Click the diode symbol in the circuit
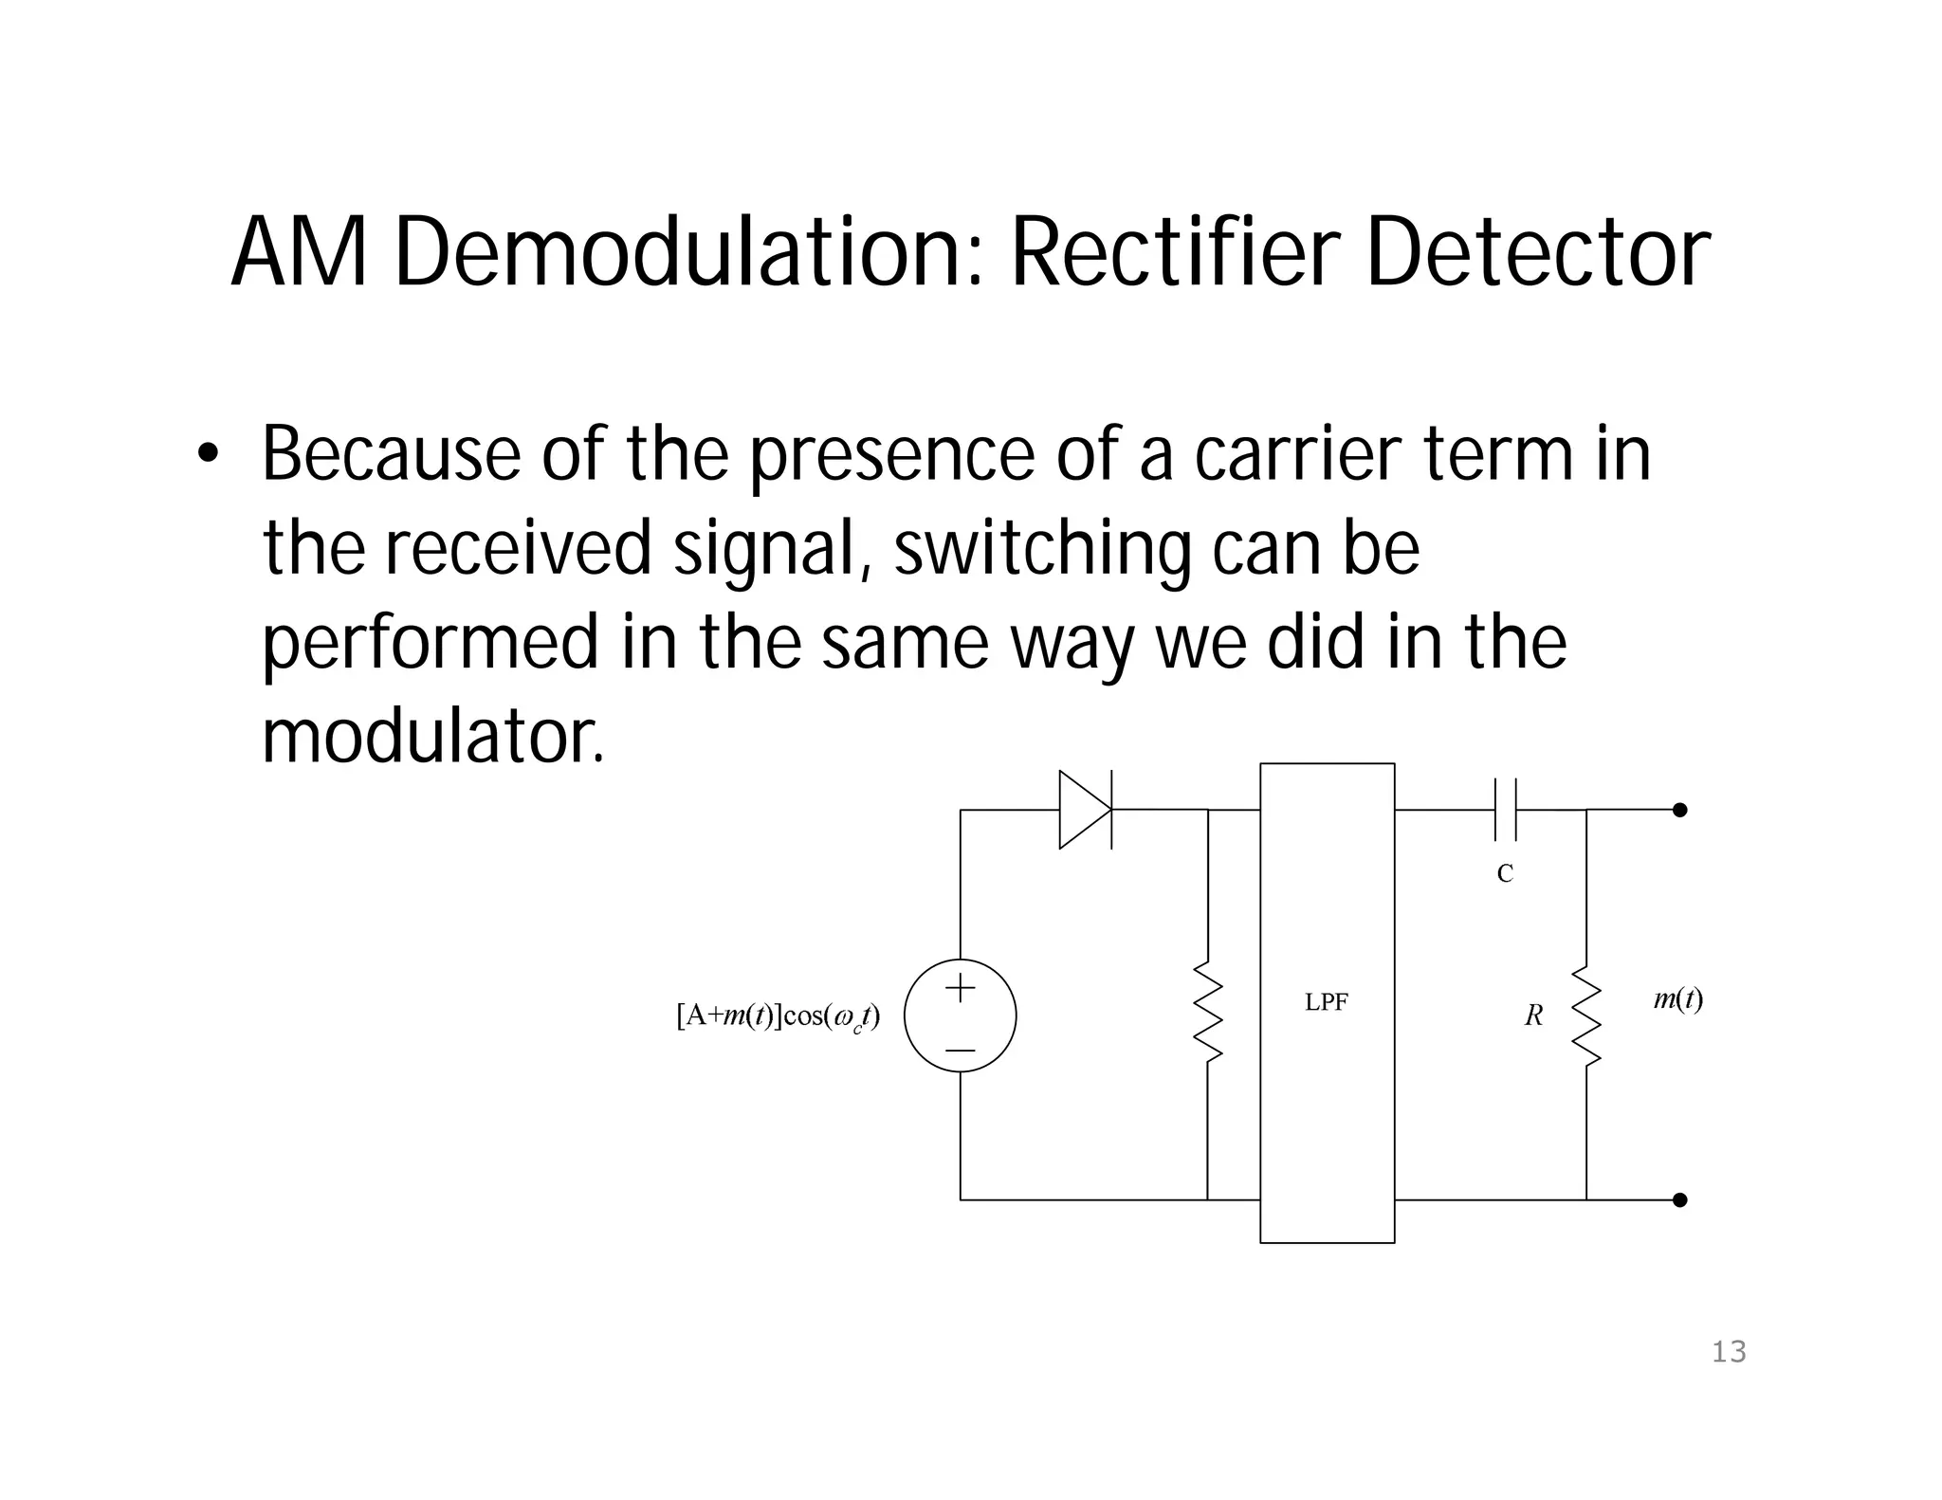point(1085,810)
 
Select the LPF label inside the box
point(1326,1002)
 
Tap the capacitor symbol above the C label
point(1505,810)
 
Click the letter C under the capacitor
point(1505,873)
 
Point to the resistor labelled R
point(1586,1015)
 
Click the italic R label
point(1533,1015)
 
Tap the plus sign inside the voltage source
point(961,988)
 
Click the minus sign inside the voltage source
point(961,1051)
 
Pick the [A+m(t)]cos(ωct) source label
point(778,1016)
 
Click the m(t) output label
point(1678,998)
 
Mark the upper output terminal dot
point(1679,810)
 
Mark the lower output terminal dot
point(1679,1200)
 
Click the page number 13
point(1729,1352)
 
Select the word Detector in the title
point(1537,254)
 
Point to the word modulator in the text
point(432,737)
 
